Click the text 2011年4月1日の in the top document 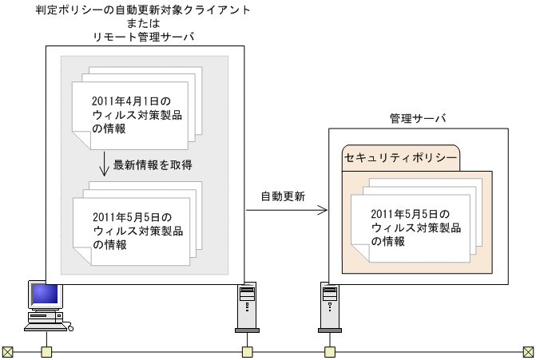(131, 101)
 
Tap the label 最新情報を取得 (153, 164)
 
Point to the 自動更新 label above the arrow (282, 196)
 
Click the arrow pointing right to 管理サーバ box (288, 211)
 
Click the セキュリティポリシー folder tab (401, 158)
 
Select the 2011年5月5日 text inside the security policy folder (411, 214)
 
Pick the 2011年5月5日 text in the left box (132, 216)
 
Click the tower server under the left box (248, 307)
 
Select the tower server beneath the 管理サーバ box (329, 307)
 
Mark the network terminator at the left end (8, 351)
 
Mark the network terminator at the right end (527, 351)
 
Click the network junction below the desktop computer (47, 351)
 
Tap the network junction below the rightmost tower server (329, 351)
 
